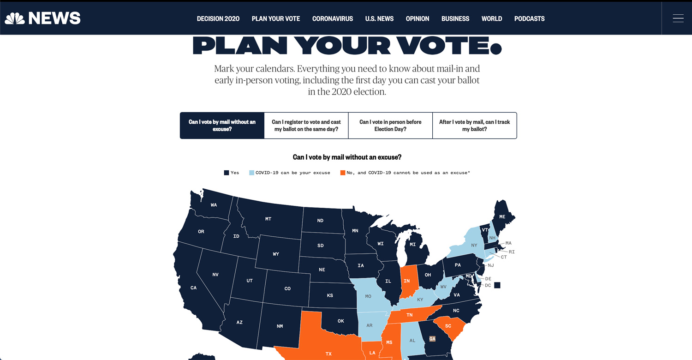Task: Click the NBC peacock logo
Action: click(14, 18)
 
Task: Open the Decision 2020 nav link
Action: click(218, 19)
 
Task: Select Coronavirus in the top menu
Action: click(333, 19)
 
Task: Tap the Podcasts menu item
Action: click(529, 19)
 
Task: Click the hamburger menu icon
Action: click(678, 18)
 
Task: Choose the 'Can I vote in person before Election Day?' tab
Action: click(390, 126)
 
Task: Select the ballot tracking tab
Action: click(474, 126)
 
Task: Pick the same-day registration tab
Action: click(306, 126)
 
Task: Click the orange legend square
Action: click(343, 173)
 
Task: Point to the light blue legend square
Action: click(252, 173)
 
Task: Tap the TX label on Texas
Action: click(328, 354)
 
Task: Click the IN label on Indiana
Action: click(407, 281)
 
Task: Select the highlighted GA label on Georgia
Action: click(432, 339)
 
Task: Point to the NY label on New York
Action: click(474, 245)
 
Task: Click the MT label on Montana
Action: click(268, 219)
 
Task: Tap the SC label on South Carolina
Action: click(448, 326)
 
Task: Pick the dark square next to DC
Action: click(497, 285)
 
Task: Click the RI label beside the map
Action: click(512, 252)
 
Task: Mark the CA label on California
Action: click(193, 288)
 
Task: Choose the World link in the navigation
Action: click(492, 19)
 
